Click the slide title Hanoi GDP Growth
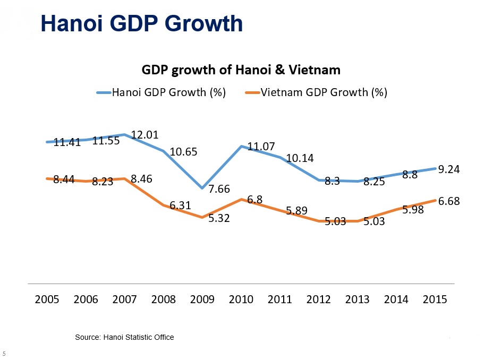142,23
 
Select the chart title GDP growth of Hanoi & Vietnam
241,70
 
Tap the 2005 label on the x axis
47,299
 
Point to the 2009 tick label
202,299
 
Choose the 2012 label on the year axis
319,299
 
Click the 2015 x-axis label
434,299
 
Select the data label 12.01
144,135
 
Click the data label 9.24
449,169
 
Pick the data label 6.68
449,201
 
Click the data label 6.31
180,205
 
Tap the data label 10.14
300,158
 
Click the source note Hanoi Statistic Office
124,337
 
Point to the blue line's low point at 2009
202,188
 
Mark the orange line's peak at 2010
241,200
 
